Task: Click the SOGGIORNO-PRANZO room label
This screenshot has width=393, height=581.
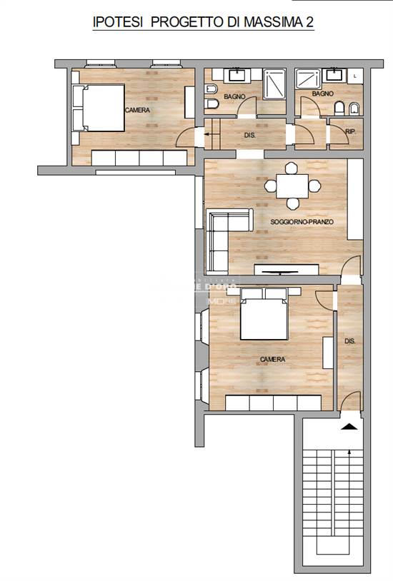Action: [297, 223]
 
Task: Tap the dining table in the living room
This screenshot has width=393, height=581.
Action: [291, 187]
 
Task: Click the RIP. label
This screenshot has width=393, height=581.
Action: [350, 132]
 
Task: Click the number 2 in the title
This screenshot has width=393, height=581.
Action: [309, 24]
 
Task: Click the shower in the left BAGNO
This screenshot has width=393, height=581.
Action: [275, 85]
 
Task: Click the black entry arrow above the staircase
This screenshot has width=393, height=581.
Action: [349, 426]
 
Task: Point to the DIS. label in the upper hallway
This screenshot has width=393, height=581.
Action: [250, 134]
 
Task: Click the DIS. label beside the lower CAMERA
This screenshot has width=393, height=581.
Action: [350, 342]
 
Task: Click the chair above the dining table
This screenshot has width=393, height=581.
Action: [291, 170]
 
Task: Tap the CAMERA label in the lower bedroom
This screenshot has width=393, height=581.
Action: [272, 360]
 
